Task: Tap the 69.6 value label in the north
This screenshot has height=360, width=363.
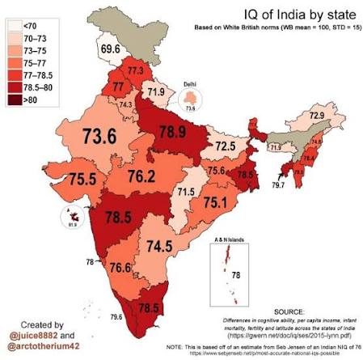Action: [111, 49]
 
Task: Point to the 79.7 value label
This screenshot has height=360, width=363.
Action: [278, 185]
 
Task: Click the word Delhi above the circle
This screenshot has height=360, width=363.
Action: [213, 85]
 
